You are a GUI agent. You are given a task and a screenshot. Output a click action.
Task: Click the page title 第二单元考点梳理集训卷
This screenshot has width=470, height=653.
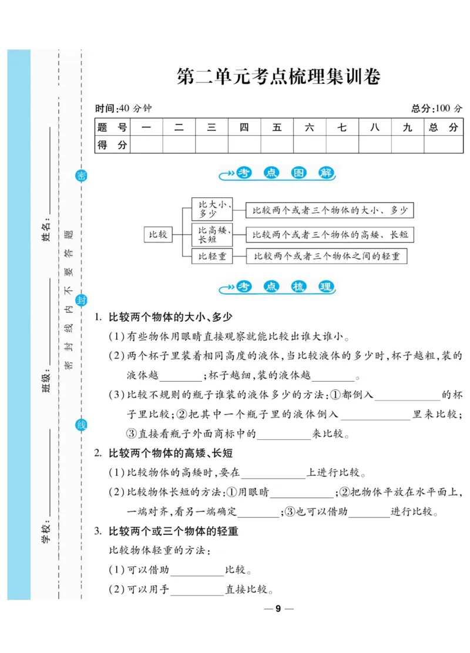click(x=278, y=77)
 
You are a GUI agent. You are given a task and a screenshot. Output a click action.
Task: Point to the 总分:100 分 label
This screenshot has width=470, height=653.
click(x=437, y=109)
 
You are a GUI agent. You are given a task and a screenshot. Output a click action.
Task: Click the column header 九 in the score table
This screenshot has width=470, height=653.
click(x=408, y=127)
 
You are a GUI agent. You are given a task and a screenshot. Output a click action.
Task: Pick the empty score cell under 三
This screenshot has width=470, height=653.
click(x=211, y=144)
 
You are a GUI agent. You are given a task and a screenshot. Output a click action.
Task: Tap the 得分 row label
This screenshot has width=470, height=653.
click(x=112, y=144)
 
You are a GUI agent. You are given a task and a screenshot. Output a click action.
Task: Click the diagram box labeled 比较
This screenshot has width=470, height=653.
click(x=159, y=234)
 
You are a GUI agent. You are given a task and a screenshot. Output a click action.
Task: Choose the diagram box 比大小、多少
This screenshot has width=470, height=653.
click(x=212, y=210)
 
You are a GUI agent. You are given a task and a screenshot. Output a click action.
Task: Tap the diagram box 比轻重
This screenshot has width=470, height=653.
click(x=212, y=256)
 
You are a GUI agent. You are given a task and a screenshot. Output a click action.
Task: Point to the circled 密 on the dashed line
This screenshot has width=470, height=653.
click(x=82, y=176)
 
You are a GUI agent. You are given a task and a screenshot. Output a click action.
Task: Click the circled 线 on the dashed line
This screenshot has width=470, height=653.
click(x=82, y=425)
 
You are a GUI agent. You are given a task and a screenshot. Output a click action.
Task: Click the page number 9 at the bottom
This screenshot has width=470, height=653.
click(x=278, y=608)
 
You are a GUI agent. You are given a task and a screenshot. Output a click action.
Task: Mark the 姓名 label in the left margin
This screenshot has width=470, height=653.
click(x=46, y=229)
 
